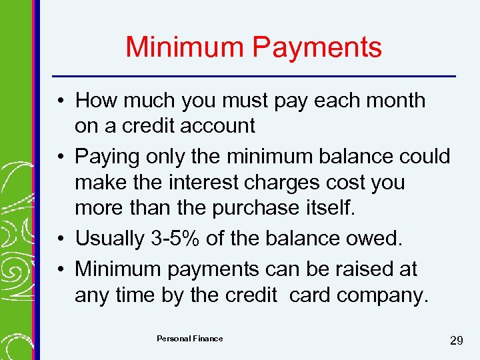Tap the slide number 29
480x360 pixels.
click(457, 341)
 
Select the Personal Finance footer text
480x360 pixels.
click(189, 339)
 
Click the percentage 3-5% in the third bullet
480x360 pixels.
click(183, 238)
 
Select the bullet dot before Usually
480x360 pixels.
click(60, 239)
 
